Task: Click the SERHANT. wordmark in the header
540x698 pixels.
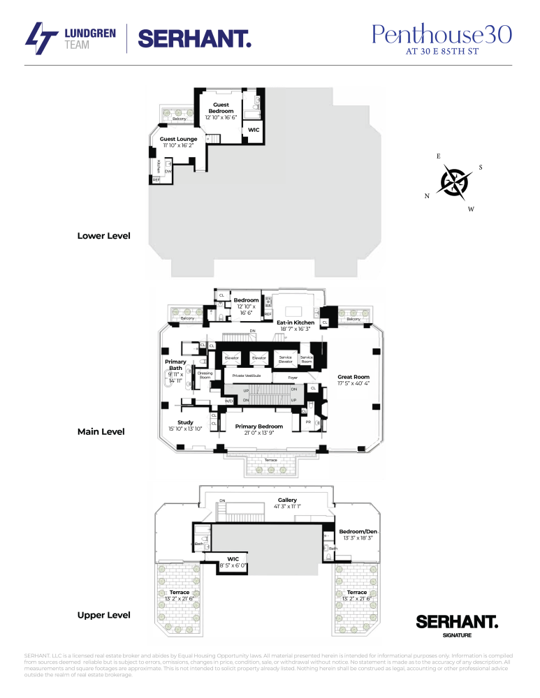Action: [x=195, y=38]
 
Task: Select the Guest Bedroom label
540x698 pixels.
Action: [x=221, y=108]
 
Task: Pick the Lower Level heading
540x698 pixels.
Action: [x=103, y=236]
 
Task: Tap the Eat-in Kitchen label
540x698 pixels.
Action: [x=295, y=322]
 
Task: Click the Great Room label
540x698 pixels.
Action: [x=353, y=376]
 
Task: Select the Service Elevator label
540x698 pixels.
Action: [x=286, y=359]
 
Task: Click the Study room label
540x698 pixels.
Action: [x=185, y=422]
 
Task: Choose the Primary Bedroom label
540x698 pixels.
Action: [x=259, y=426]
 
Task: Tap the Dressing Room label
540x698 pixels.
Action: [x=205, y=375]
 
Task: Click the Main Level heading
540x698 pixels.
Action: [x=101, y=431]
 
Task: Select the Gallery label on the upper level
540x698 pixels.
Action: [x=287, y=500]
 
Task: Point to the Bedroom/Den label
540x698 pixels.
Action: [x=356, y=531]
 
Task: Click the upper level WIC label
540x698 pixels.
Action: [x=233, y=558]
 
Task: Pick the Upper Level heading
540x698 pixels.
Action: [x=103, y=615]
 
